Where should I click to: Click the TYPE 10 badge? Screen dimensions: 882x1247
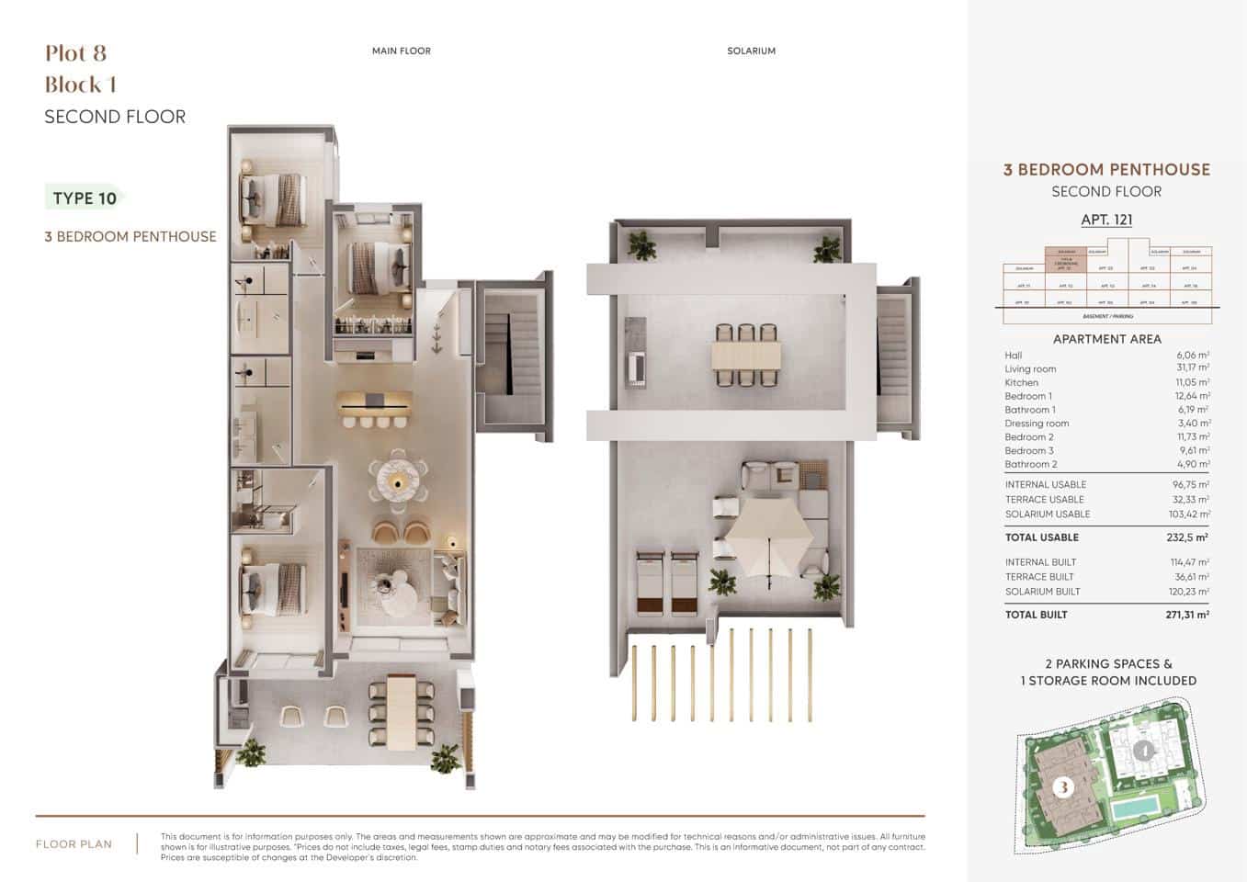click(85, 198)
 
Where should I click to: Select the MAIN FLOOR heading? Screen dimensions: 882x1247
click(401, 51)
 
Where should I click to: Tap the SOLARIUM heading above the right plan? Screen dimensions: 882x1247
click(751, 51)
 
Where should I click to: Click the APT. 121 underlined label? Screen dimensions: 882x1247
click(1106, 220)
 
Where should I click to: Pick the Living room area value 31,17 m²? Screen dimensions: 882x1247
click(1192, 368)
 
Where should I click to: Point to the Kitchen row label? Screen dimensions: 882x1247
click(1021, 382)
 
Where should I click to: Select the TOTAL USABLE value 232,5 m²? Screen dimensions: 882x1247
click(1186, 537)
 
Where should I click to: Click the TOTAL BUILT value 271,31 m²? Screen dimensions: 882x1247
click(1186, 615)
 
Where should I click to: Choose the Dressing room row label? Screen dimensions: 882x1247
click(1037, 424)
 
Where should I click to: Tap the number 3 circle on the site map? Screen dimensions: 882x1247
click(1063, 787)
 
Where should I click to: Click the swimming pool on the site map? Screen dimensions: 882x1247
click(1134, 809)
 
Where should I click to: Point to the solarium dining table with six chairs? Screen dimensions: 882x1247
click(745, 355)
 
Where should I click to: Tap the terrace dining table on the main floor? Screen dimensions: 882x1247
click(402, 712)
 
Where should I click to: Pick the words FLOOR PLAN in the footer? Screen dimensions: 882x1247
click(74, 844)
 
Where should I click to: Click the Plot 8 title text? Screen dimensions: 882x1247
click(76, 53)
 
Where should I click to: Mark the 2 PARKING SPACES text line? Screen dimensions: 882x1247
click(1108, 663)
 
